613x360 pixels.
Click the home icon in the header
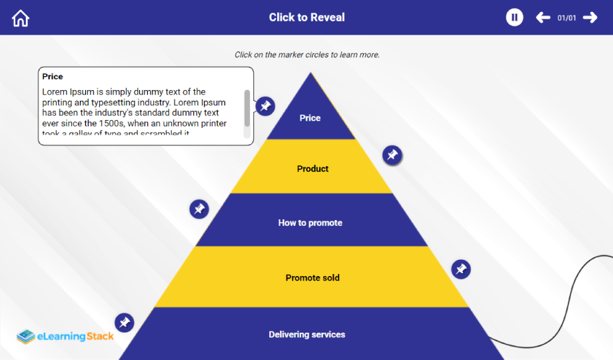(x=21, y=18)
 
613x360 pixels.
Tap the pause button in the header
(x=514, y=17)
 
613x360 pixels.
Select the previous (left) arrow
(x=543, y=17)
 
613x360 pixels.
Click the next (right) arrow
(x=590, y=17)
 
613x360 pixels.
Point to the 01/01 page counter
(x=566, y=18)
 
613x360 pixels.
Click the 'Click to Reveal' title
(x=306, y=17)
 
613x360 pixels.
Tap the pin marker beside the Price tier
(x=265, y=106)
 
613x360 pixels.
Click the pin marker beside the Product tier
(x=392, y=155)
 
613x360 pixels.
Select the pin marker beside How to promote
(x=199, y=209)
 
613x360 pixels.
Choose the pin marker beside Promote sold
(x=460, y=269)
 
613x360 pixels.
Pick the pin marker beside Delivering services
(x=124, y=323)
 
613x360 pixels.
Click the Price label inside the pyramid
(x=310, y=118)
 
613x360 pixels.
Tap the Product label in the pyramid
(x=312, y=169)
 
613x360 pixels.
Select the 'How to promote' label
(x=310, y=223)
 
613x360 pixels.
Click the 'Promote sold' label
(x=312, y=277)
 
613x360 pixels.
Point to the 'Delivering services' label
(x=307, y=334)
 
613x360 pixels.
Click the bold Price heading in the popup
(x=53, y=77)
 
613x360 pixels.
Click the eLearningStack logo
(x=65, y=336)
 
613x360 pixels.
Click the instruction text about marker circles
(x=306, y=55)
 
